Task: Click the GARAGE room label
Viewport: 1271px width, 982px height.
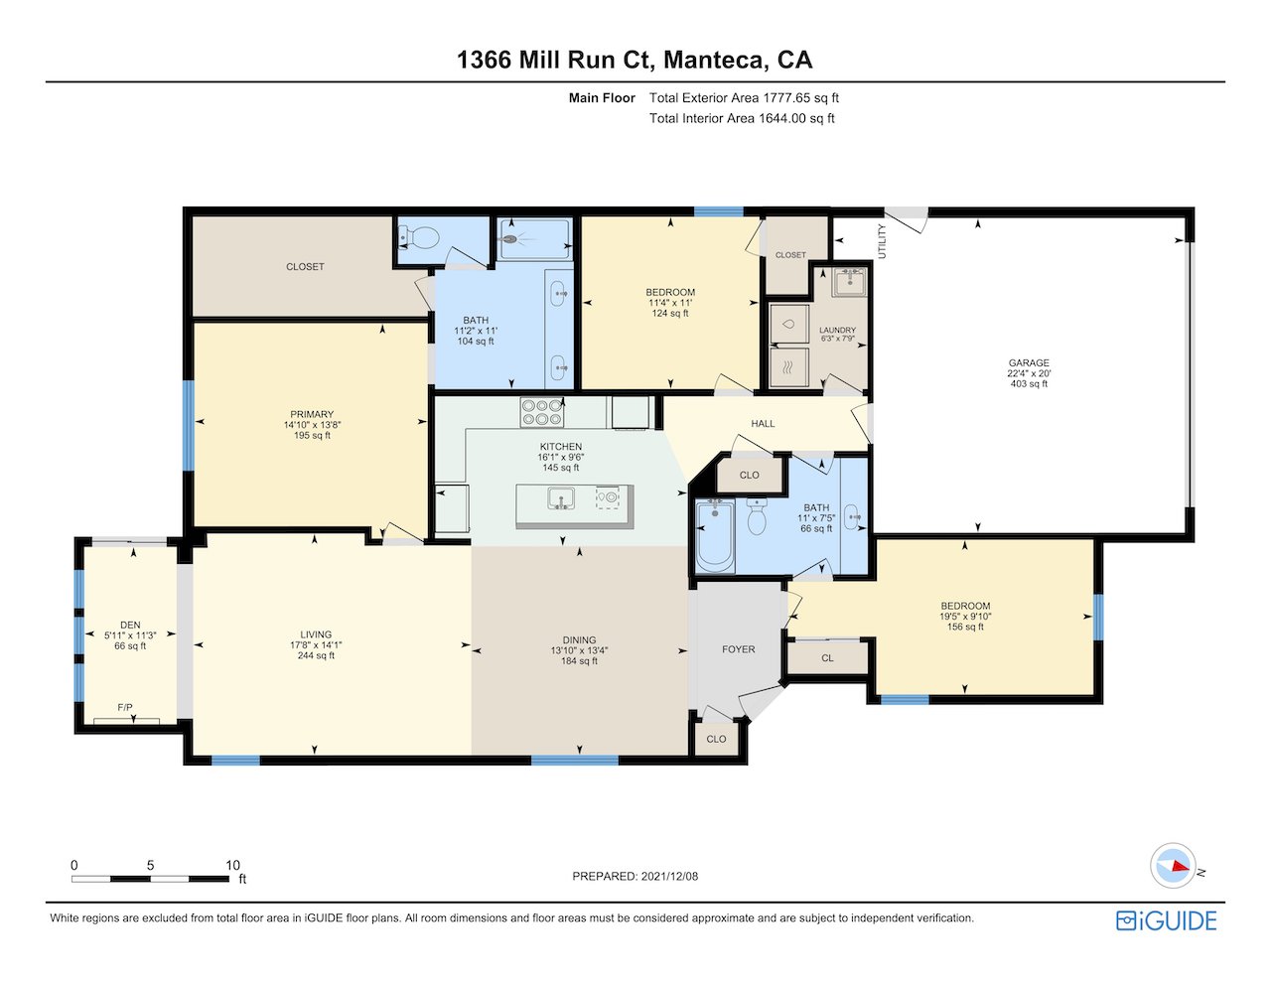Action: click(x=1029, y=362)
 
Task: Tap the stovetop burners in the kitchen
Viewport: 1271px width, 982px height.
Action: click(x=541, y=412)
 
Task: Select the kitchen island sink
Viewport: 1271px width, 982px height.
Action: click(x=561, y=498)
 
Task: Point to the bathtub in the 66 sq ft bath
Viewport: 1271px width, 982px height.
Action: click(x=715, y=536)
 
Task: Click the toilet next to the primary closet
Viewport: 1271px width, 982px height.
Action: click(x=419, y=237)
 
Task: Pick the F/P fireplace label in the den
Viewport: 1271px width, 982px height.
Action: click(x=125, y=708)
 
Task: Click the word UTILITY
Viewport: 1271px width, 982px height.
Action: click(x=882, y=241)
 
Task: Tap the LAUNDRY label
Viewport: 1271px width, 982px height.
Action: click(x=837, y=330)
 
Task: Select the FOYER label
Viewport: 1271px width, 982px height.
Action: click(x=738, y=649)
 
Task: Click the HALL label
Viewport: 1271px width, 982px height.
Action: click(x=763, y=423)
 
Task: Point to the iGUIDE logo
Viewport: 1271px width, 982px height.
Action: click(x=1167, y=921)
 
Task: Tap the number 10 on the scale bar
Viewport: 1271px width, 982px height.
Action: click(x=232, y=865)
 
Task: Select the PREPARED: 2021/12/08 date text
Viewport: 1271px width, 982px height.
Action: click(x=635, y=876)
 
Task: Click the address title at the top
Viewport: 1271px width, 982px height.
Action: click(x=635, y=60)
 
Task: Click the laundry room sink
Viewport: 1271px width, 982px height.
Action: click(x=850, y=282)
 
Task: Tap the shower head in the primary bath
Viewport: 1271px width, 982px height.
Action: click(x=510, y=238)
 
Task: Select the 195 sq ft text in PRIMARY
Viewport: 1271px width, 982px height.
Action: click(x=312, y=436)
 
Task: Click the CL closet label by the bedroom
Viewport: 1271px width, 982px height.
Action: click(x=827, y=658)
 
